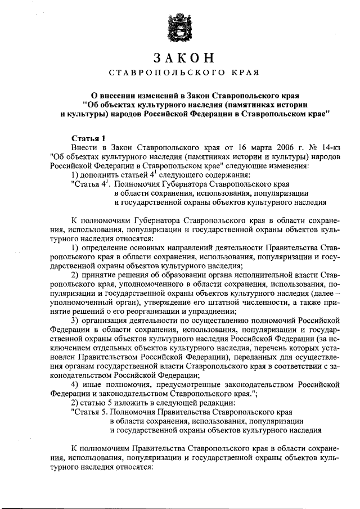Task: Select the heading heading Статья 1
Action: click(89, 138)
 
